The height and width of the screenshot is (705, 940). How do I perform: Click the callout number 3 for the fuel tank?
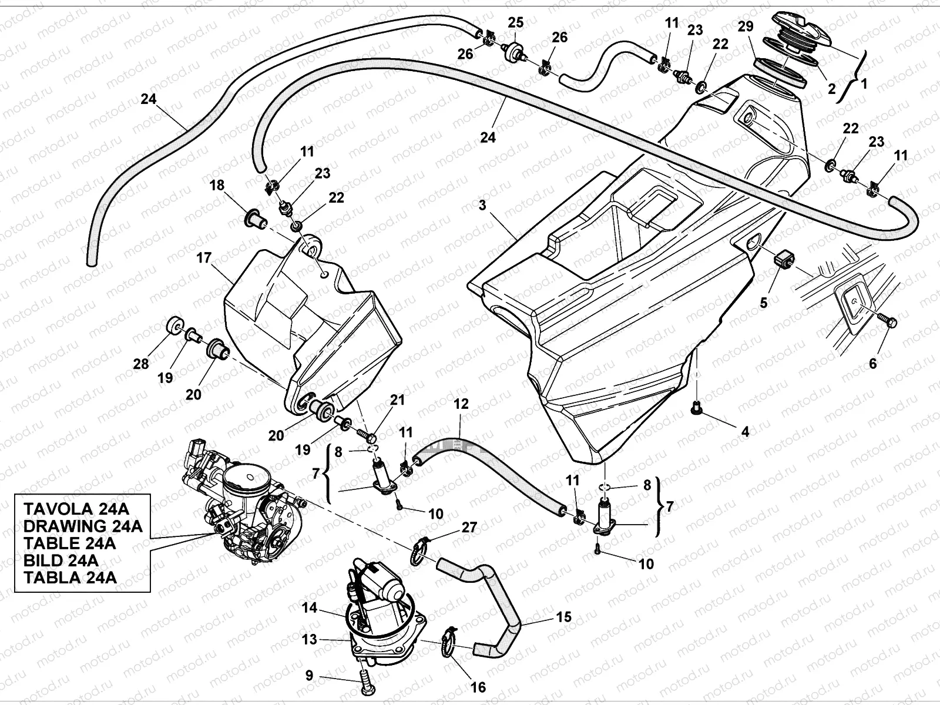pyautogui.click(x=482, y=205)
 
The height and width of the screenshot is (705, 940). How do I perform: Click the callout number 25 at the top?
pyautogui.click(x=515, y=23)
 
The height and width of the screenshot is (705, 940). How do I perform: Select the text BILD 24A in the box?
pyautogui.click(x=61, y=560)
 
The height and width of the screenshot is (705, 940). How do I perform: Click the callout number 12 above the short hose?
pyautogui.click(x=461, y=404)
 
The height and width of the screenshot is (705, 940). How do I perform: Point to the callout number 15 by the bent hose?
pyautogui.click(x=563, y=617)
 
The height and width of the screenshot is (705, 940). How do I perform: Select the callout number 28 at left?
pyautogui.click(x=141, y=364)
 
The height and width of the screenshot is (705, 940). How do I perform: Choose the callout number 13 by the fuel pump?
pyautogui.click(x=310, y=639)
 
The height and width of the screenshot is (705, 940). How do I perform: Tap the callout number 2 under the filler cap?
pyautogui.click(x=831, y=89)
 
